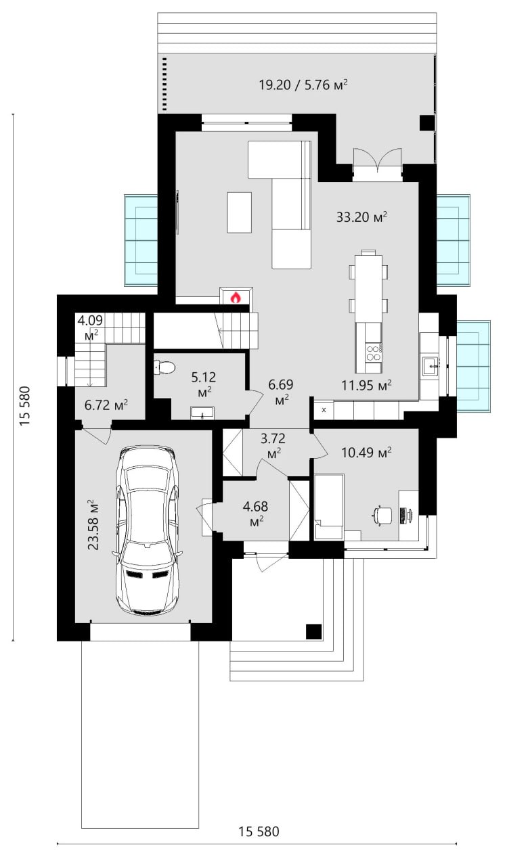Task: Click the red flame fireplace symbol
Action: pos(236,297)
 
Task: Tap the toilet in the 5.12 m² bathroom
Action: pos(164,367)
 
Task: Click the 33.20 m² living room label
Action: pos(361,217)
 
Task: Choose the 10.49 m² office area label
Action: pos(366,452)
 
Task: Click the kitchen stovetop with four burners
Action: pos(374,352)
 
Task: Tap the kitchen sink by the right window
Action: pos(431,366)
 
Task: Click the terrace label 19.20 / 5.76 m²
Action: pos(303,85)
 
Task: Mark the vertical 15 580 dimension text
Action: pos(25,406)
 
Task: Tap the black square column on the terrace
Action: pos(428,123)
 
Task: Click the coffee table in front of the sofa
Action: pos(240,212)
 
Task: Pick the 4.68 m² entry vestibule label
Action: pos(255,514)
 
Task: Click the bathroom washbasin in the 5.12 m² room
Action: pos(202,413)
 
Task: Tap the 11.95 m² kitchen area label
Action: pos(366,385)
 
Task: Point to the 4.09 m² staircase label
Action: pos(90,327)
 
